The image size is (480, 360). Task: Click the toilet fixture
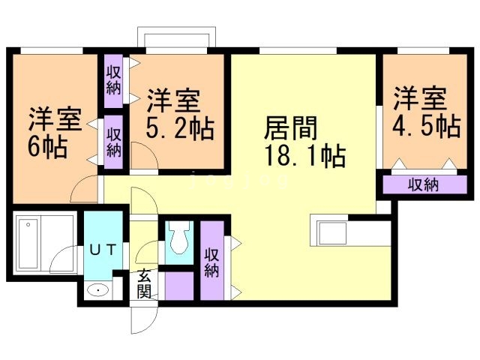179,238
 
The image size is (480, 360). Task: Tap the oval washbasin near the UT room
97,290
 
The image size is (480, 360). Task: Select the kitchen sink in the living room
332,233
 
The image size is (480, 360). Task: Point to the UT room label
103,250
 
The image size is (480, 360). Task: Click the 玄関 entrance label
143,283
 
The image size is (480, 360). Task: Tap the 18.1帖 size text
305,155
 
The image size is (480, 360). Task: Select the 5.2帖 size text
180,129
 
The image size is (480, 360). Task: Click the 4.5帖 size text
427,126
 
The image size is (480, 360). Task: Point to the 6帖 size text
48,147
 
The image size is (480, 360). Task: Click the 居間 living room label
290,128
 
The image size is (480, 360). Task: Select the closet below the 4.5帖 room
424,184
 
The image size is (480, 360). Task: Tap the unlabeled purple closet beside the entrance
179,286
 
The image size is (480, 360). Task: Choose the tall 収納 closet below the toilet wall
212,260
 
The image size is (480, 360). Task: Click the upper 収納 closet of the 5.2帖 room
113,81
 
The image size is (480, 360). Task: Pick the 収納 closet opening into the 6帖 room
113,142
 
